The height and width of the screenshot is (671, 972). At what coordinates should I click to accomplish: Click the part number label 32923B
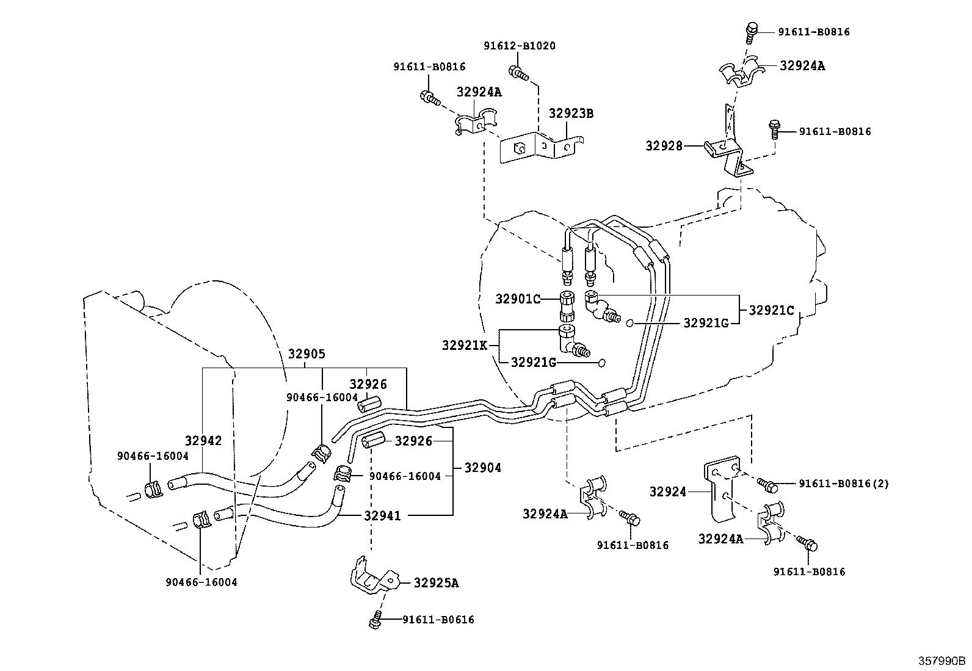click(571, 114)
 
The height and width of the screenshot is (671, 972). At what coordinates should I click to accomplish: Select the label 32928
click(664, 146)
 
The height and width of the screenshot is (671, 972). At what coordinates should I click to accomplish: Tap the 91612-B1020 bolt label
click(520, 46)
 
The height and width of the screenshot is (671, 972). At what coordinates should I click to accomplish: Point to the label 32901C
click(518, 299)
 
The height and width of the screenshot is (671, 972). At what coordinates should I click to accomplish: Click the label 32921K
click(465, 346)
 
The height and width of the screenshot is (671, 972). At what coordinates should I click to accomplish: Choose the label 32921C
click(772, 310)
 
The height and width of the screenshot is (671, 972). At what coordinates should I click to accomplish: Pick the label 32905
click(306, 354)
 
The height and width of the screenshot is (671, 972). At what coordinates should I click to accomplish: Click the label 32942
click(203, 441)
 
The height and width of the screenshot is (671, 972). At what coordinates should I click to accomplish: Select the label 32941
click(382, 516)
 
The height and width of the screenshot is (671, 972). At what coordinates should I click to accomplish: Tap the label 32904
click(482, 468)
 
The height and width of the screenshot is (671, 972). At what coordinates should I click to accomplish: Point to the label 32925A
click(436, 583)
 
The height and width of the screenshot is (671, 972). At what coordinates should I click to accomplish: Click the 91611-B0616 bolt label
click(438, 620)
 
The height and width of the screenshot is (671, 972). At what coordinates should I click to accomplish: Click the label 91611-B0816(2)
click(844, 484)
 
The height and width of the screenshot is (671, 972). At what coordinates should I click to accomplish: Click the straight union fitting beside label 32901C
click(567, 306)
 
